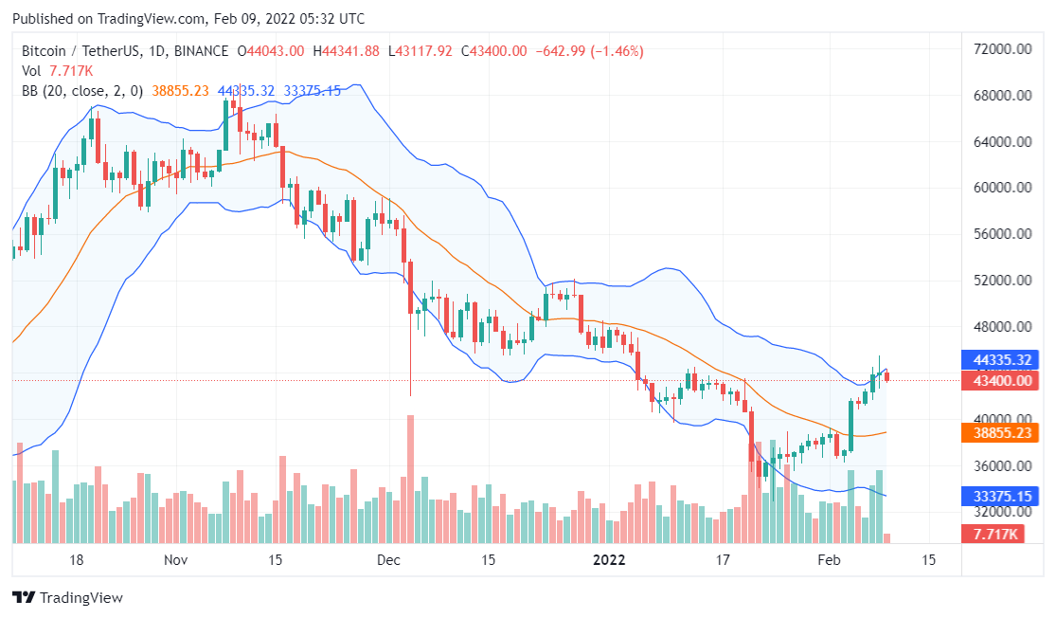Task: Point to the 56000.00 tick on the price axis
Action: (1002, 234)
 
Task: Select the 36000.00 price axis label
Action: (1002, 465)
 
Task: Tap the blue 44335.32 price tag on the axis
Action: (1002, 360)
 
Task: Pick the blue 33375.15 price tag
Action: (1002, 496)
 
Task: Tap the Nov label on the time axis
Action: (175, 560)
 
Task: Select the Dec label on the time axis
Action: (389, 560)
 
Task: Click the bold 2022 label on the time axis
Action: (610, 560)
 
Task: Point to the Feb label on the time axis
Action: (829, 560)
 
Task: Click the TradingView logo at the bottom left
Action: (67, 598)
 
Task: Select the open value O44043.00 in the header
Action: (270, 51)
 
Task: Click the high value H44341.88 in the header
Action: (351, 51)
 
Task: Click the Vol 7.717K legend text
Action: (57, 71)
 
